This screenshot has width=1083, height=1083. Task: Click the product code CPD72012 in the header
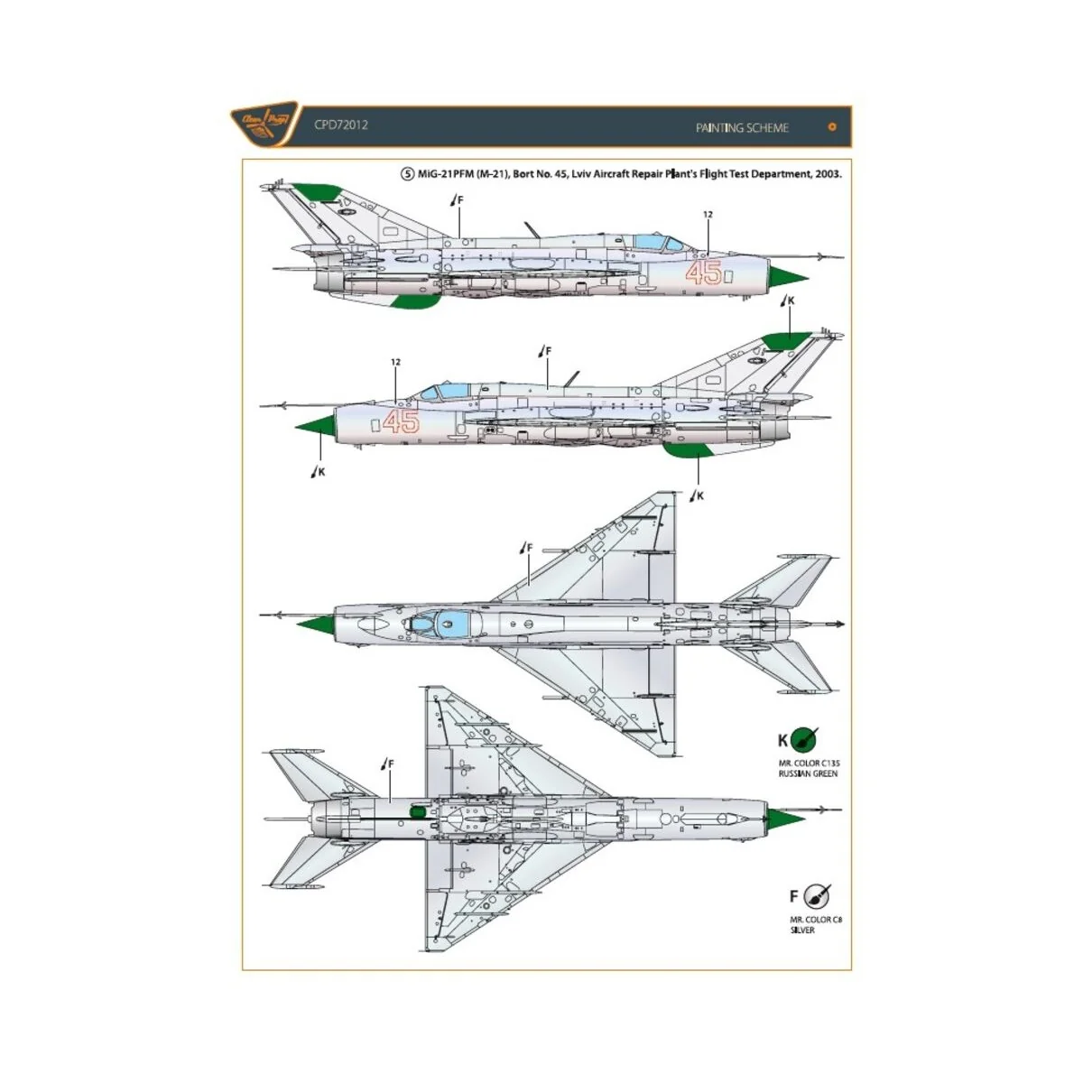[x=341, y=125]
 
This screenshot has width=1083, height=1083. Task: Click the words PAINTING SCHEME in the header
[x=741, y=128]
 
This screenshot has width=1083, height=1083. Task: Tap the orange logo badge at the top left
[x=264, y=124]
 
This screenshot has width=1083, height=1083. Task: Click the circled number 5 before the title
[x=408, y=174]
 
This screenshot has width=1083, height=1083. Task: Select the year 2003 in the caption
[x=827, y=174]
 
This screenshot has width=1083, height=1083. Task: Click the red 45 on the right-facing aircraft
[x=703, y=272]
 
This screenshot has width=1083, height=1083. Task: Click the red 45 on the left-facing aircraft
[x=401, y=421]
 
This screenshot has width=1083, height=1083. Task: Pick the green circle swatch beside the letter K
[x=803, y=741]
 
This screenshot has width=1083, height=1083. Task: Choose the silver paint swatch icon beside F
[x=817, y=896]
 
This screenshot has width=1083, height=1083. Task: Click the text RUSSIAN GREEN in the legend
[x=809, y=774]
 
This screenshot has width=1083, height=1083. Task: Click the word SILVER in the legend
[x=802, y=930]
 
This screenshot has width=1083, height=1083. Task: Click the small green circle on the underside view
[x=417, y=811]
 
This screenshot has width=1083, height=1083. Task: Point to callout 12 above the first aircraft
[x=708, y=215]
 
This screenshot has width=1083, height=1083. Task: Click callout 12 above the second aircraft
[x=395, y=363]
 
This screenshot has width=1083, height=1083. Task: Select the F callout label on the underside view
[x=391, y=764]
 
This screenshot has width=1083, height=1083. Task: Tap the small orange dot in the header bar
[x=832, y=127]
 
